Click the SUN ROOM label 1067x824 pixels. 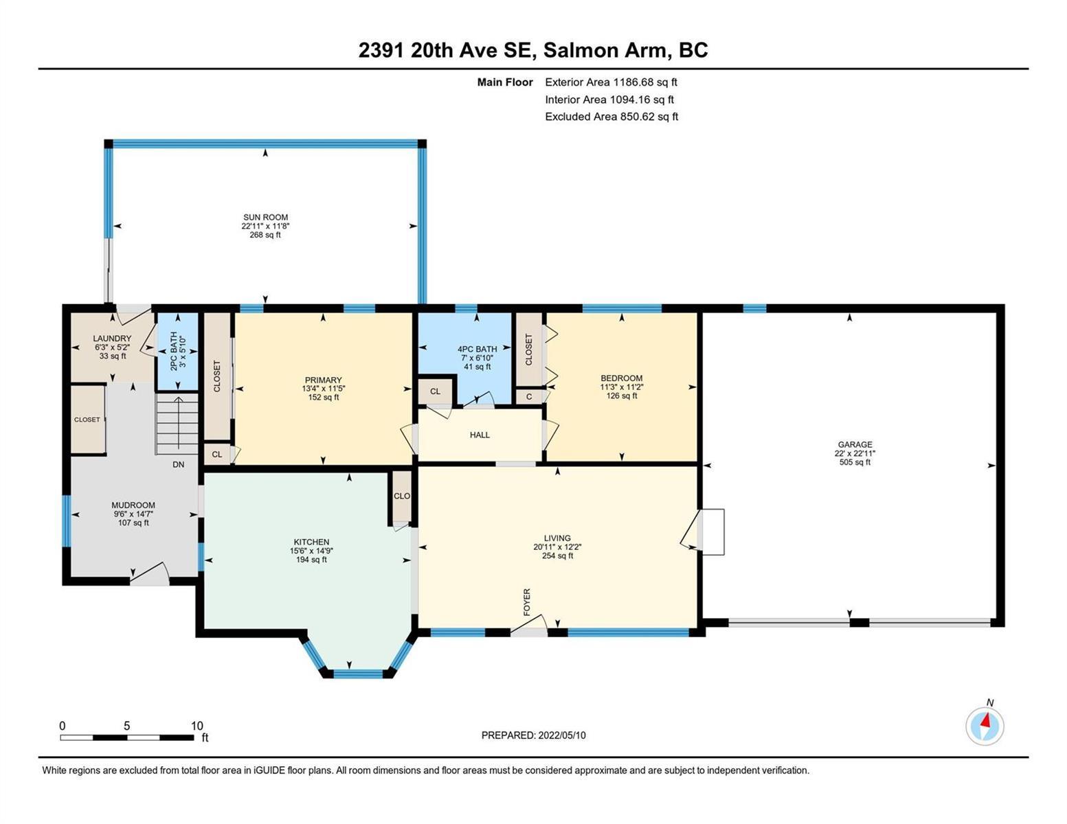(x=265, y=217)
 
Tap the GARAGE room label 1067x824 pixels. (x=855, y=444)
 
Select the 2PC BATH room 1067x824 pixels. (x=177, y=351)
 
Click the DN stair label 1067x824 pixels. (x=178, y=464)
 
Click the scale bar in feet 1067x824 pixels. (x=127, y=737)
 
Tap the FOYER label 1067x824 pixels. (x=527, y=602)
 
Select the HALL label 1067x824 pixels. (x=480, y=435)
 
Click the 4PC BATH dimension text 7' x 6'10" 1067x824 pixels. (x=477, y=358)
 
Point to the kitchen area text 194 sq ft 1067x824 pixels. (x=311, y=560)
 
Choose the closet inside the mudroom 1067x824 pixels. (x=88, y=420)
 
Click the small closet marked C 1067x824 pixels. (x=529, y=396)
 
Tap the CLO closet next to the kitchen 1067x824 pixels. (x=402, y=496)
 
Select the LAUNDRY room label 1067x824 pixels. (x=113, y=338)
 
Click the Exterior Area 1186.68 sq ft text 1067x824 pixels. (x=611, y=82)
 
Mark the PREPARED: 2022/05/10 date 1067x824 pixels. (x=533, y=735)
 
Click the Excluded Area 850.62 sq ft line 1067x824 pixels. (x=611, y=116)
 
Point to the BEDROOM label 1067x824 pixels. (x=622, y=378)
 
